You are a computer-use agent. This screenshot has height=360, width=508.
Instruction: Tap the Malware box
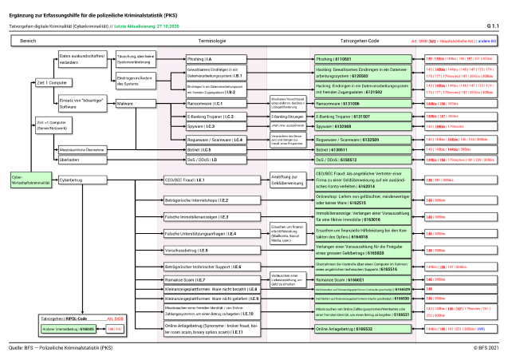click(133, 104)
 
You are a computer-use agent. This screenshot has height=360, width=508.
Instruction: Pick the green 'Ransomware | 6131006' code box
click(361, 104)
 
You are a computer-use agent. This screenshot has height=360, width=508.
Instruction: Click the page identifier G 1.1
click(493, 26)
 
